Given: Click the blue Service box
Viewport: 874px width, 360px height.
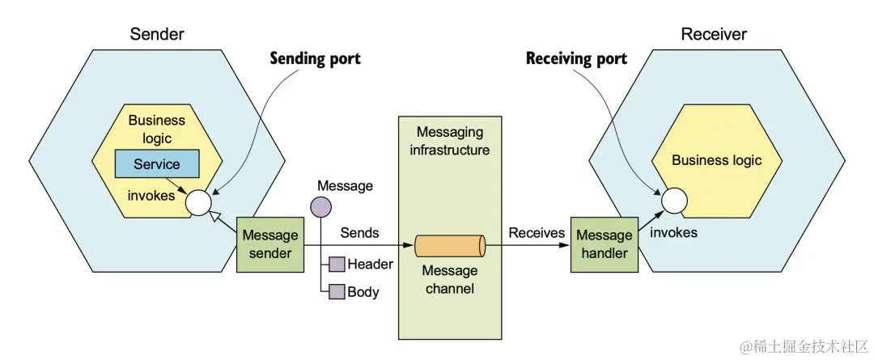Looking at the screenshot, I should click(157, 164).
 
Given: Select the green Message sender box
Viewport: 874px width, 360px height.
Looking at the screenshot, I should click(270, 244).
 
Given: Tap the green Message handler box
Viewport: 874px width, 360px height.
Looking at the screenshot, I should click(604, 244).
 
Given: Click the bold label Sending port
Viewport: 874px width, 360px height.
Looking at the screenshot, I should click(315, 59).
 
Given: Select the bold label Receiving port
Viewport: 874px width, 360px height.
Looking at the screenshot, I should click(576, 59).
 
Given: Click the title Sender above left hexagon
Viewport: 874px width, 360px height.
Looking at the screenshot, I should click(157, 34).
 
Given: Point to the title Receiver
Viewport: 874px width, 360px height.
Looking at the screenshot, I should click(714, 34).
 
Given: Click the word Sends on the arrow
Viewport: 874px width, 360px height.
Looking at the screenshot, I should click(359, 233).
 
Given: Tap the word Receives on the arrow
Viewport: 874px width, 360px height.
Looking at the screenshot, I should click(537, 233).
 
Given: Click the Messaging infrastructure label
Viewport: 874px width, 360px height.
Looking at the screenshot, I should click(449, 141).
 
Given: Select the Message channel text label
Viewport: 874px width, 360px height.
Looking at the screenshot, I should click(450, 279).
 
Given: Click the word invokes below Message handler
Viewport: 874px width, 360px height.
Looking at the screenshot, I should click(673, 233).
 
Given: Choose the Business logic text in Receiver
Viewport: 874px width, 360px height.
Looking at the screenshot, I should click(716, 160).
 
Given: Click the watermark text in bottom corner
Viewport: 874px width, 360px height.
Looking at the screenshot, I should click(800, 345).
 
